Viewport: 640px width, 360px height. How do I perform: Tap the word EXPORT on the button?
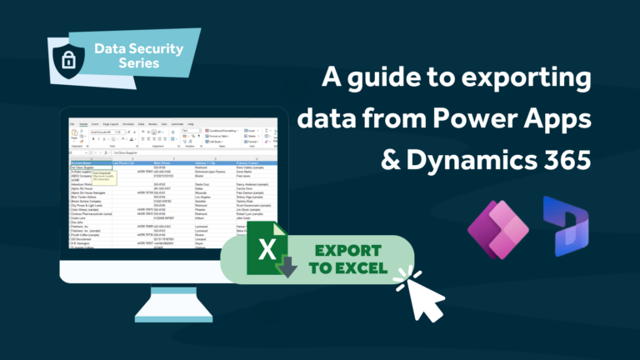343,249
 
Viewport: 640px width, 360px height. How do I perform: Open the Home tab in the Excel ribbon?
83,124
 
